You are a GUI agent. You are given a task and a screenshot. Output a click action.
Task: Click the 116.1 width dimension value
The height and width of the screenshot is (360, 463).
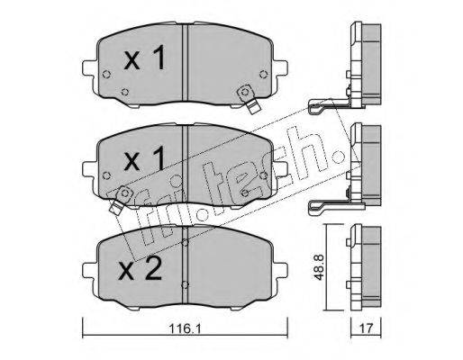185,328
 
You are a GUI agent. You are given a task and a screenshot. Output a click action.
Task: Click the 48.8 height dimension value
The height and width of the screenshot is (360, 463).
319,267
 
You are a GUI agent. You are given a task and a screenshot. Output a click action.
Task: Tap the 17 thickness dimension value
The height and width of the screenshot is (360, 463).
366,328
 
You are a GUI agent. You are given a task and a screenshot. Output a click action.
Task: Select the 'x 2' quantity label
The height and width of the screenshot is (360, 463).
141,269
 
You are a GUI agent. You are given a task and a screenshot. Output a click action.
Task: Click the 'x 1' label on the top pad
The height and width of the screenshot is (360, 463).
145,58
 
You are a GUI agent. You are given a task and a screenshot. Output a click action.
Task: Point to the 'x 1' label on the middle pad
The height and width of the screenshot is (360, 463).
145,158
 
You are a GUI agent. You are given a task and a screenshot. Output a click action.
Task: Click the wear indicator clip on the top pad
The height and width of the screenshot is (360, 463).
249,99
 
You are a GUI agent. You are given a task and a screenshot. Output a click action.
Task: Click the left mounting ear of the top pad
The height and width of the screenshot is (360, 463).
90,68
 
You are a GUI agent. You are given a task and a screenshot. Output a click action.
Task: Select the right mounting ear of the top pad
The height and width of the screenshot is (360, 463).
280,68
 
